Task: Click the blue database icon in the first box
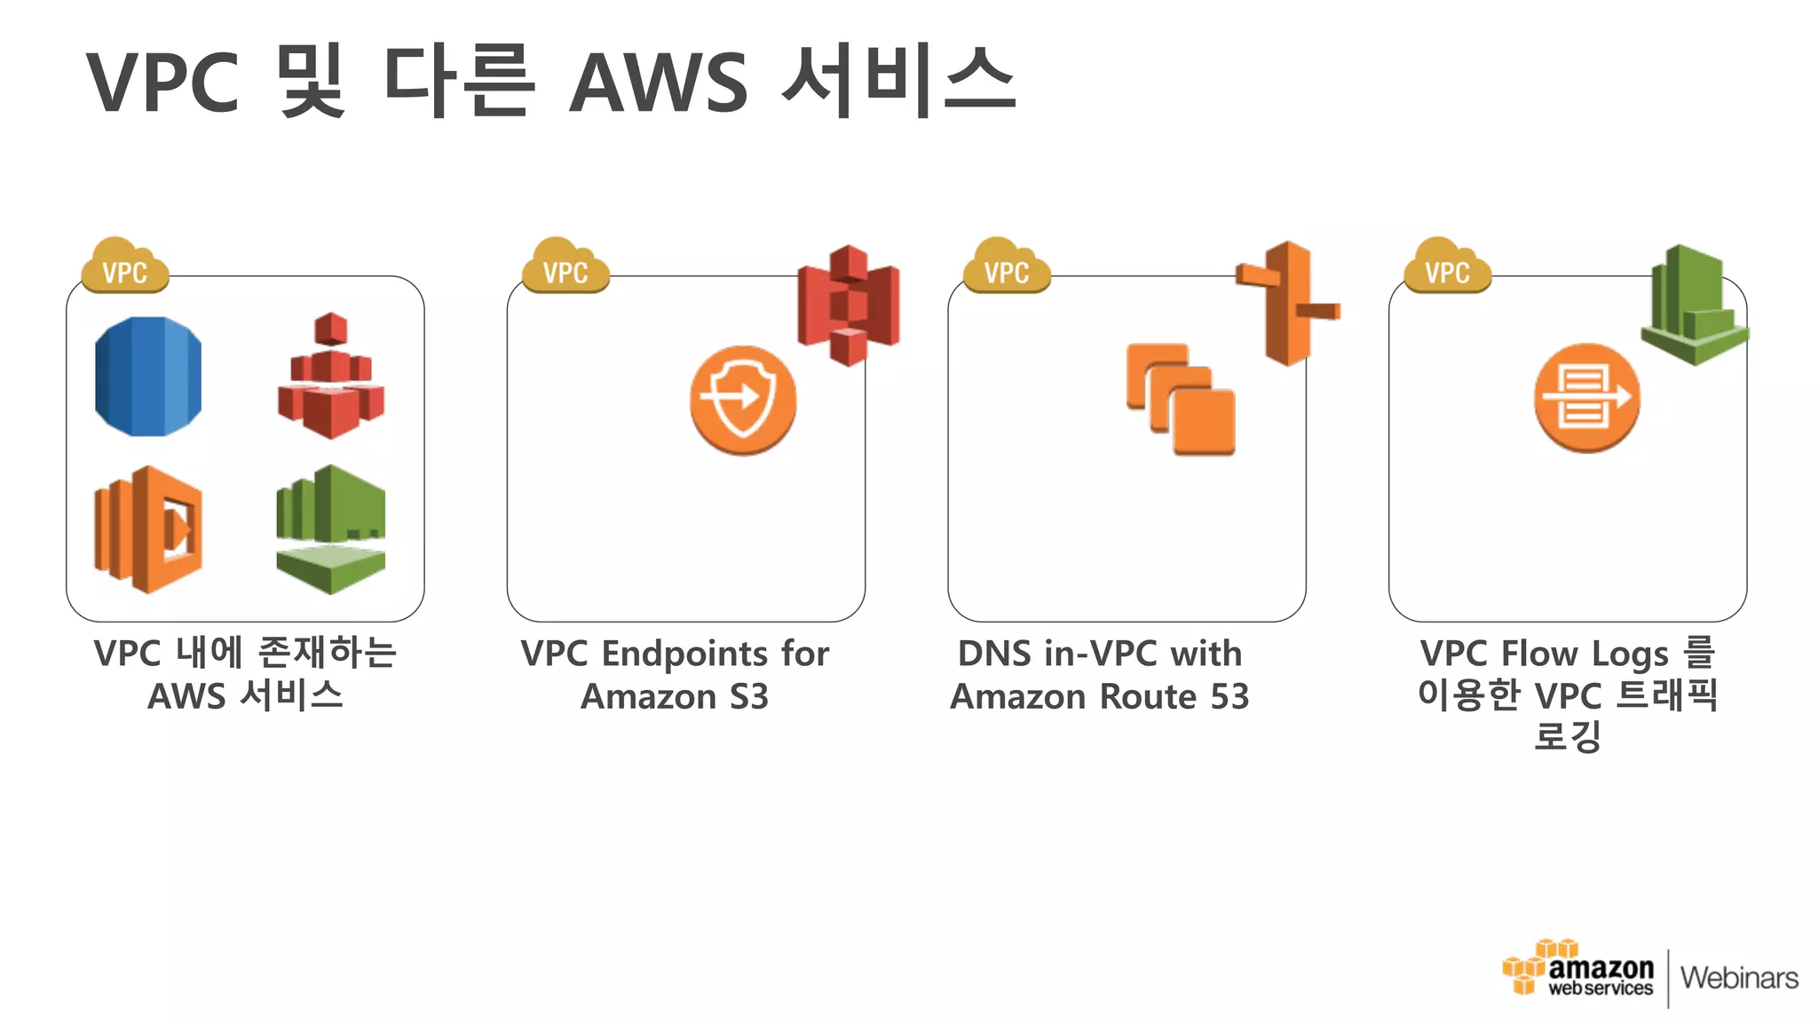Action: click(148, 376)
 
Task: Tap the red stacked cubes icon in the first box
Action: click(330, 377)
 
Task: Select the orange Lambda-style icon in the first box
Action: click(148, 529)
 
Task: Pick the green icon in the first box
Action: click(330, 529)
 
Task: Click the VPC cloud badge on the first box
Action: click(125, 267)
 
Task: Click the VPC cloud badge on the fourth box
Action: click(1447, 267)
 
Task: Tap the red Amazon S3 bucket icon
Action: click(848, 305)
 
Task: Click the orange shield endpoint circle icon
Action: click(743, 400)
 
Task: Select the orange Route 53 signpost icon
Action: click(1287, 303)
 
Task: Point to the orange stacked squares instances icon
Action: click(1181, 400)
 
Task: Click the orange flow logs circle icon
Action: click(1586, 398)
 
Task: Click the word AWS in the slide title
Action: click(659, 83)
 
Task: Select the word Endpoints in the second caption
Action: click(684, 654)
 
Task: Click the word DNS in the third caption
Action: click(993, 654)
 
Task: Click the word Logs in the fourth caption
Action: click(1629, 654)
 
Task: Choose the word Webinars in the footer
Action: click(1739, 978)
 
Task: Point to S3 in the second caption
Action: click(748, 697)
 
